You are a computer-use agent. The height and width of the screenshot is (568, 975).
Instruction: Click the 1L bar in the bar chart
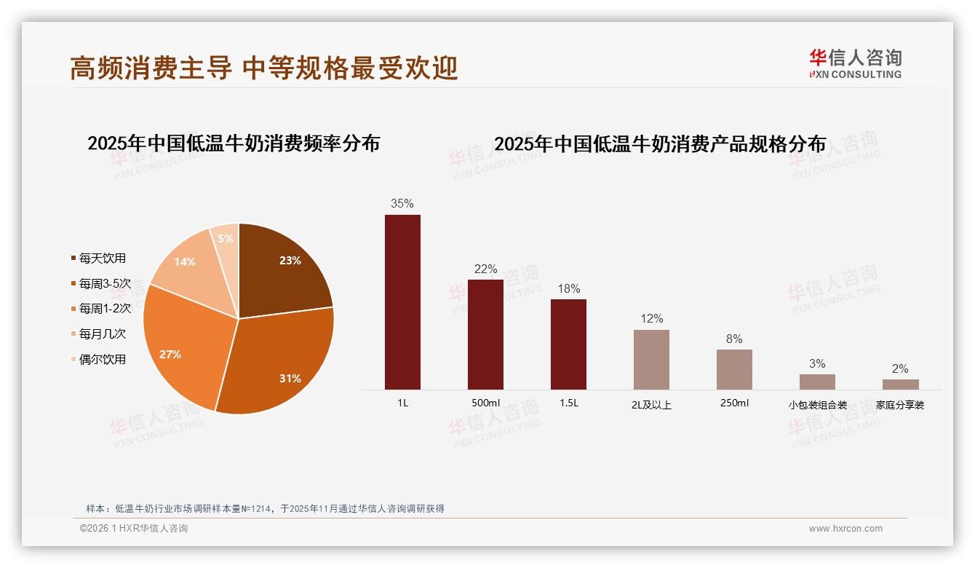coord(402,302)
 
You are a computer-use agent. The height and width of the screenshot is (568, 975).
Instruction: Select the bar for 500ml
coord(485,334)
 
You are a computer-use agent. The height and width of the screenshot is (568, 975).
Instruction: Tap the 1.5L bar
coord(568,344)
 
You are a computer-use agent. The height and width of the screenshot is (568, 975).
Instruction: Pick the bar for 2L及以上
coord(651,360)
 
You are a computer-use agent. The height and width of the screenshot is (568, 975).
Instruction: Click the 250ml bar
coord(734,369)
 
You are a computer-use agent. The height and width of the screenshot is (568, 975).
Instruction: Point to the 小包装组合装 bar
coord(817,382)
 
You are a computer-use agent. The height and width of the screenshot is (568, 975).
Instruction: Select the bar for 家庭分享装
coord(900,384)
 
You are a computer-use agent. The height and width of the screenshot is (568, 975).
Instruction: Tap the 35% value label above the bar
coord(402,204)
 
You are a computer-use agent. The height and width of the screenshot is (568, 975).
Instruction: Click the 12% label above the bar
coord(651,319)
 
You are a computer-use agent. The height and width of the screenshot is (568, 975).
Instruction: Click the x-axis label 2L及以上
coord(651,405)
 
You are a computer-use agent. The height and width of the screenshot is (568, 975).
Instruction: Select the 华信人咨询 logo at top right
coord(855,63)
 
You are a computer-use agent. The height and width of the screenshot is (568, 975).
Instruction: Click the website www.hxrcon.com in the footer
coord(845,529)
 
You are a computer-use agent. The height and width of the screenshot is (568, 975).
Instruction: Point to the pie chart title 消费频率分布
coord(234,143)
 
